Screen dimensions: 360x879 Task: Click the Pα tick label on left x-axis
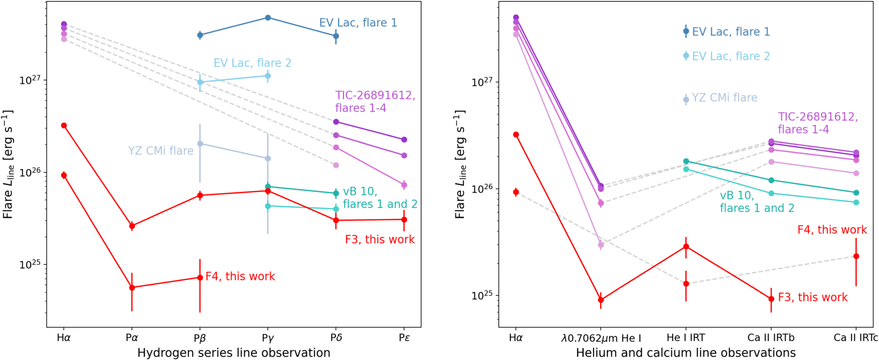click(132, 338)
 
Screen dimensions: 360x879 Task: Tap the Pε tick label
click(404, 338)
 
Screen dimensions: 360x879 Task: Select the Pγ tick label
click(268, 338)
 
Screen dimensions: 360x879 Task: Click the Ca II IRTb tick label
click(771, 338)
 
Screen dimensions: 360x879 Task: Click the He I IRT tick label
click(686, 338)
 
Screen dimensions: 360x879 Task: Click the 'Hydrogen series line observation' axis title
click(234, 353)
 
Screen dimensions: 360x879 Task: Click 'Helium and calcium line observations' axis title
click(686, 353)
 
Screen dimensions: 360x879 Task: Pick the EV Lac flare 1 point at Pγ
click(268, 18)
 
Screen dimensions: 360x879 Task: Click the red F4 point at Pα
click(132, 288)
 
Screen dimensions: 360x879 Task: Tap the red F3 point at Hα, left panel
click(64, 126)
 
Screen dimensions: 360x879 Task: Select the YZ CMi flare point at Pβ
click(200, 144)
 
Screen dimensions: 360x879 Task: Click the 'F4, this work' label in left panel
click(240, 277)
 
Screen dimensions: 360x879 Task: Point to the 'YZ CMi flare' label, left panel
click(161, 151)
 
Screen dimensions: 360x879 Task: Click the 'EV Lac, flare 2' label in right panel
click(731, 56)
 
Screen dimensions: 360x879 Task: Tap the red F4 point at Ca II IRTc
click(856, 256)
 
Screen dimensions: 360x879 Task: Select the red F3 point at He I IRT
click(686, 247)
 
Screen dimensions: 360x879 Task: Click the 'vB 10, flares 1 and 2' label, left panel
click(380, 198)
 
